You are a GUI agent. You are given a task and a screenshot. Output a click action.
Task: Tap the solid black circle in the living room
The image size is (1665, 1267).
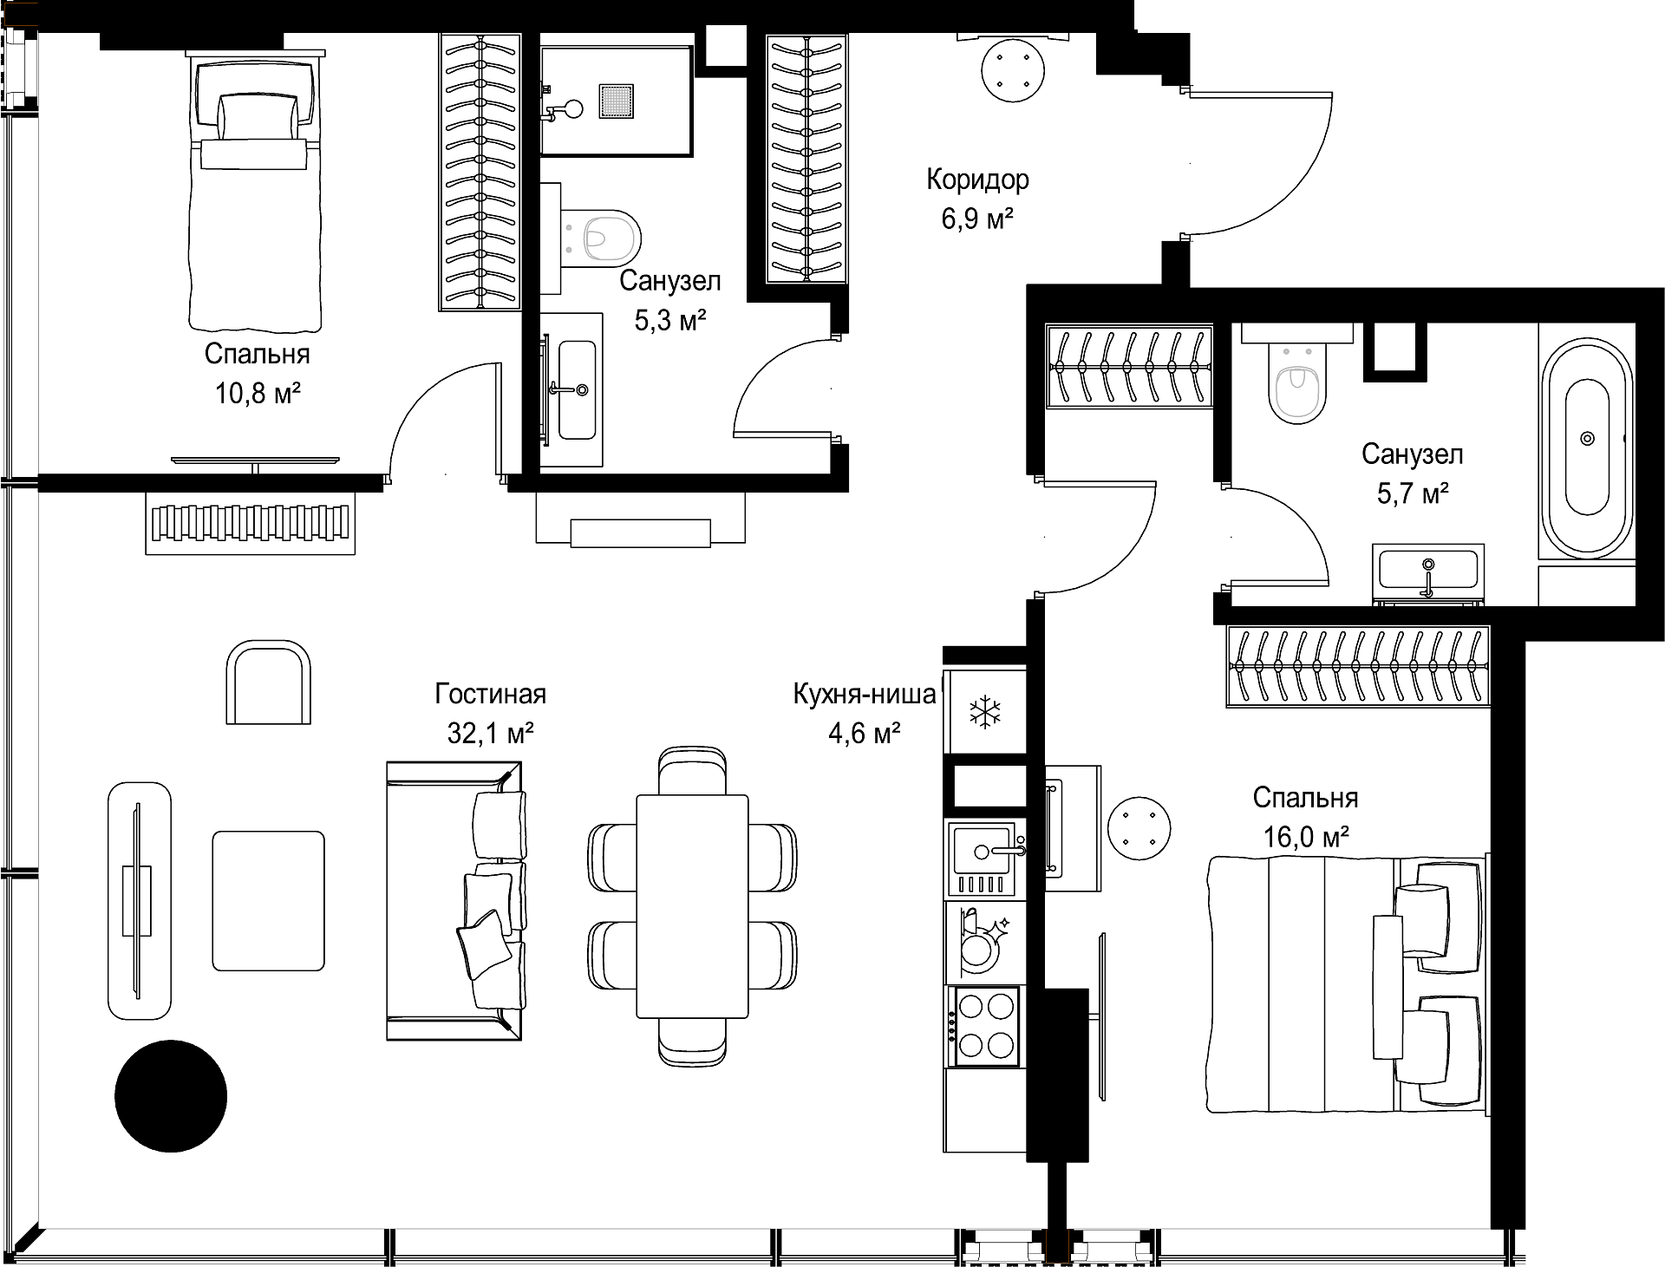pyautogui.click(x=171, y=1095)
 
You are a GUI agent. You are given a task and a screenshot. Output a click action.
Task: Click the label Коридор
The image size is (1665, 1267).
pyautogui.click(x=977, y=180)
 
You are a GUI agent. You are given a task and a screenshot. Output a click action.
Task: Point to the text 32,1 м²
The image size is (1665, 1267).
pyautogui.click(x=490, y=734)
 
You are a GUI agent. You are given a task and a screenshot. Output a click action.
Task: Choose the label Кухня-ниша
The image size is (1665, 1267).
pyautogui.click(x=865, y=695)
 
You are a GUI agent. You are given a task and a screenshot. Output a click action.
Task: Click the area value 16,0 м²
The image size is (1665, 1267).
pyautogui.click(x=1305, y=837)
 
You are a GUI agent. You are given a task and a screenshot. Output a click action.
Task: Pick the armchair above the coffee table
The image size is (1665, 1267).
pyautogui.click(x=268, y=682)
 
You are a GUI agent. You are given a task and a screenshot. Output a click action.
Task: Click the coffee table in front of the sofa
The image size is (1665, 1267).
pyautogui.click(x=269, y=900)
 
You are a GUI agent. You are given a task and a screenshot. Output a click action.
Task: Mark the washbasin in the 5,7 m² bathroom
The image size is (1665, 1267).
pyautogui.click(x=1428, y=571)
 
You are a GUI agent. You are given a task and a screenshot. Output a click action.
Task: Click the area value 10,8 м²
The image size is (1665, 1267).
pyautogui.click(x=258, y=395)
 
